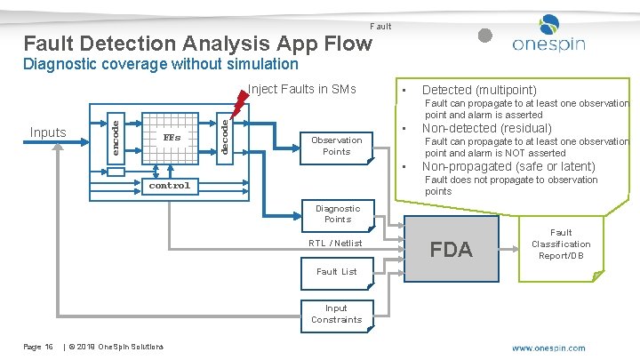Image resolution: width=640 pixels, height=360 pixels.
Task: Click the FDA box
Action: click(451, 249)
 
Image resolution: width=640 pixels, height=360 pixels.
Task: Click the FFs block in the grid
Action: click(171, 138)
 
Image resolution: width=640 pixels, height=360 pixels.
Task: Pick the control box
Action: click(169, 186)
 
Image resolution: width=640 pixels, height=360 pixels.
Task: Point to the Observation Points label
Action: click(337, 146)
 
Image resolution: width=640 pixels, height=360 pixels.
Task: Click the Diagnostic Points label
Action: click(337, 213)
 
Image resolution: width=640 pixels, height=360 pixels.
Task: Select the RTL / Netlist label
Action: click(335, 243)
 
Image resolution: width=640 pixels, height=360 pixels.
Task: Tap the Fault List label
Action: click(337, 272)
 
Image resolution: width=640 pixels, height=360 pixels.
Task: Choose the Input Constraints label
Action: click(337, 314)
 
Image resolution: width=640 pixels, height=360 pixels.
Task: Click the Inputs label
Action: click(48, 132)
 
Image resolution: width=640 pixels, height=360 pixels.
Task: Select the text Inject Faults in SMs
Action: click(301, 89)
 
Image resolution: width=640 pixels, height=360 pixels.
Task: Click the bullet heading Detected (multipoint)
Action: click(478, 90)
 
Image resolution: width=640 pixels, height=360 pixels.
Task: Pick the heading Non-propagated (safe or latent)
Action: click(508, 166)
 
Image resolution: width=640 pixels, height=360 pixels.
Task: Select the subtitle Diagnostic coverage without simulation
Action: click(161, 64)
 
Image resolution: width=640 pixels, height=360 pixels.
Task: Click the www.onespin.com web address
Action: click(548, 348)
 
